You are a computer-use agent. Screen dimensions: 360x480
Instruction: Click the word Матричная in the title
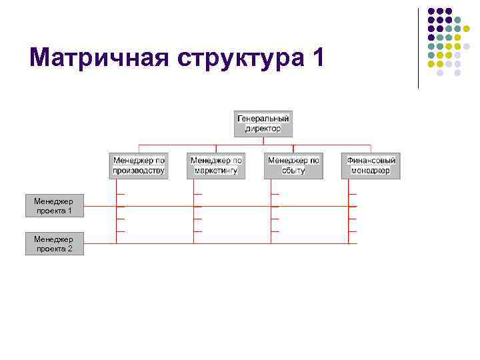pos(100,58)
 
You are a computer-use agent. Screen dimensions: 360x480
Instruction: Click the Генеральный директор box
pos(263,123)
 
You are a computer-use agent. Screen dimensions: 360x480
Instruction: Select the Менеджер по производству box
pos(138,165)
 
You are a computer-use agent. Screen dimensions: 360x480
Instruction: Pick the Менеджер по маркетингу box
pos(216,165)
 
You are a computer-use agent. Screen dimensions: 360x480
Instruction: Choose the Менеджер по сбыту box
pos(293,165)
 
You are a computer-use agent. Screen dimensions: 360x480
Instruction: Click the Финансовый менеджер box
pos(371,165)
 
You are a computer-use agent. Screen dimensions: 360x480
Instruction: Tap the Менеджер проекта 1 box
pos(55,206)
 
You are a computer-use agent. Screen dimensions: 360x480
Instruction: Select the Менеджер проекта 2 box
pos(55,244)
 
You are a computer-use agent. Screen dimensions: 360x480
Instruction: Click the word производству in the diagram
pos(138,170)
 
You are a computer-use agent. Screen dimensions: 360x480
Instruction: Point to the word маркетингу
pos(216,170)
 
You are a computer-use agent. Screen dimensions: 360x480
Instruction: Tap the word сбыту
pos(293,170)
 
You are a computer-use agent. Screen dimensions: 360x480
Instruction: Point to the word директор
pos(263,128)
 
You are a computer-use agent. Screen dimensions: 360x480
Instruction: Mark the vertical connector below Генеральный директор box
pos(263,141)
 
